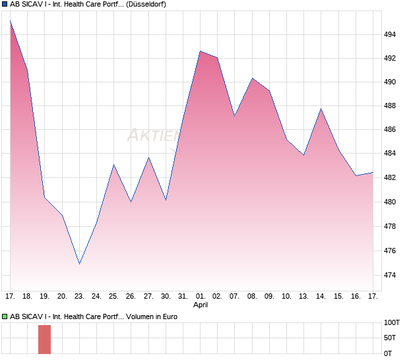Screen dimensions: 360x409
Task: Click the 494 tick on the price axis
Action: pos(391,34)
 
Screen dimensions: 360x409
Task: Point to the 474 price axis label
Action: pos(391,275)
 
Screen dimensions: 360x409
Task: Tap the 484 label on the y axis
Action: pos(391,154)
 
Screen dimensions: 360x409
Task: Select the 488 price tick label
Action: pos(391,105)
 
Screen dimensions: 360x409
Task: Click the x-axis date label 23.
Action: pos(79,296)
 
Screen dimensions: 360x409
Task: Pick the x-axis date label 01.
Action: pos(200,296)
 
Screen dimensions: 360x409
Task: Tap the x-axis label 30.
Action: pos(166,296)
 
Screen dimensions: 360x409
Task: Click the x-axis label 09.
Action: pos(269,296)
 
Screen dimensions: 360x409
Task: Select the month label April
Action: pos(201,305)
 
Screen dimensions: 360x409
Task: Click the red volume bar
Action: pos(44,339)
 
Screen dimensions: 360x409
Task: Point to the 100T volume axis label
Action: pos(392,323)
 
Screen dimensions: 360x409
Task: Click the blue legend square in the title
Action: pos(5,5)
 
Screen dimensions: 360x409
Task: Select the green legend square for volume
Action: pos(5,317)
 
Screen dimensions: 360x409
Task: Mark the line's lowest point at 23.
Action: pos(79,264)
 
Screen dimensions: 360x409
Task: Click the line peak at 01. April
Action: pos(200,51)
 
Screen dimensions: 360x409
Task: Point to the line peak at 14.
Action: pos(321,109)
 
